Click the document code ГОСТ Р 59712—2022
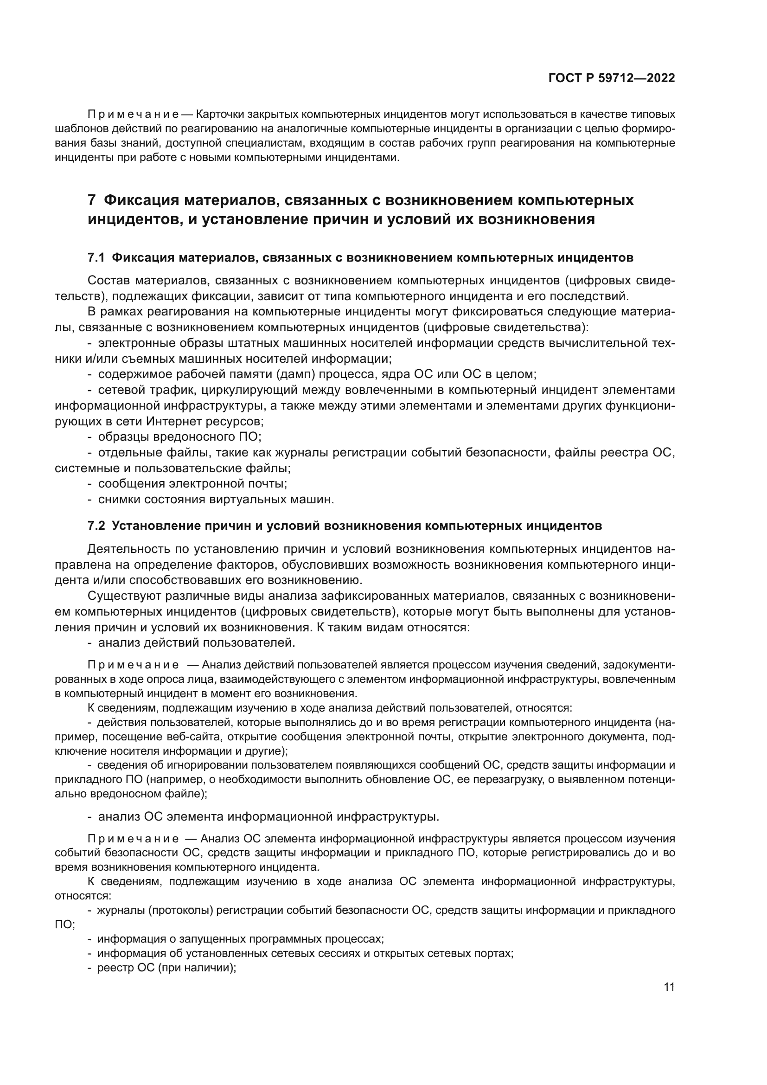[x=612, y=78]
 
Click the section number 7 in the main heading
[x=92, y=200]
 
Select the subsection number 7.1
[x=96, y=258]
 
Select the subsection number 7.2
[x=96, y=526]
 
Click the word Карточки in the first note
[x=219, y=115]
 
